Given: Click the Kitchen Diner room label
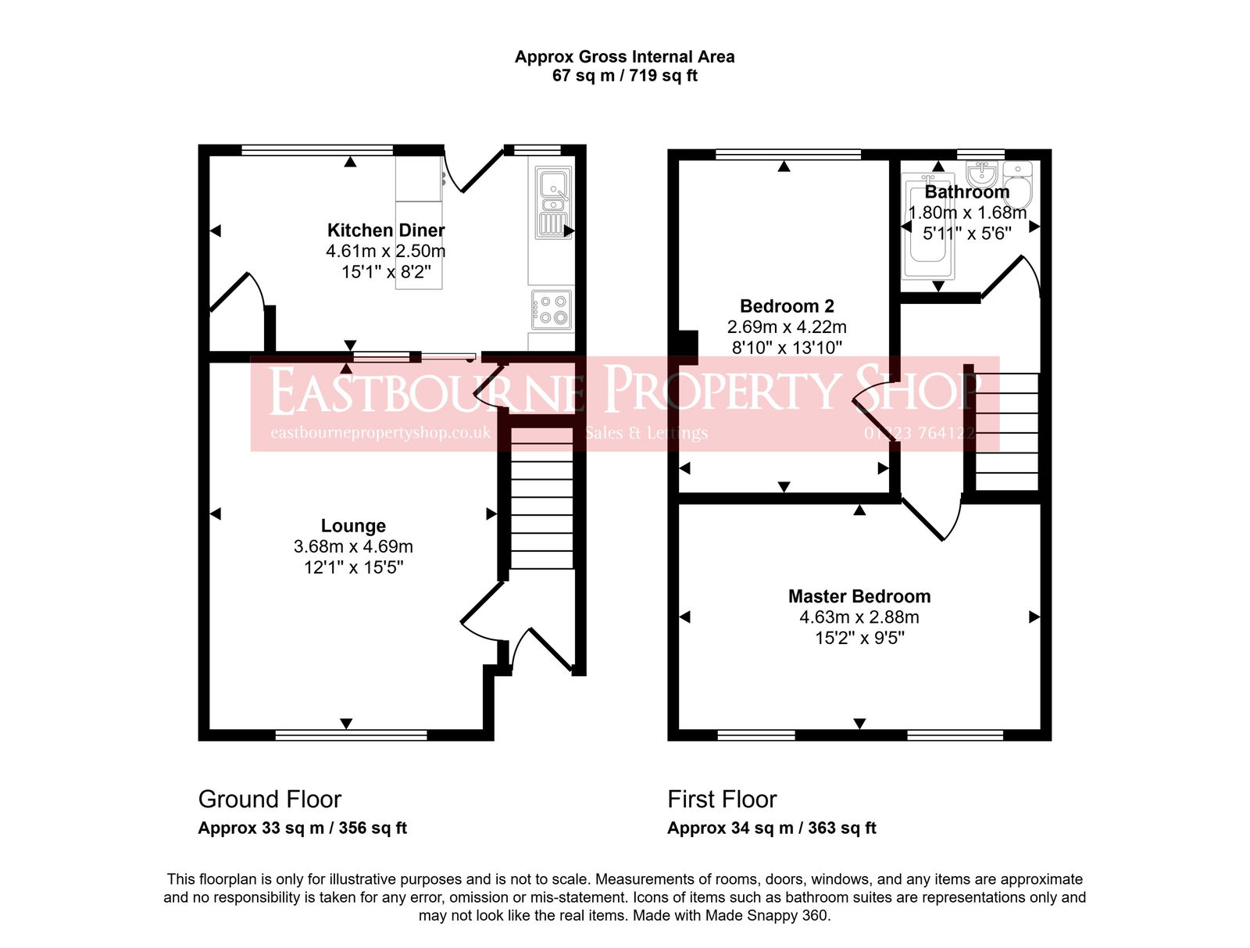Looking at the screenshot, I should tap(386, 231).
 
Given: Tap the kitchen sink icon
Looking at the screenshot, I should tap(554, 201).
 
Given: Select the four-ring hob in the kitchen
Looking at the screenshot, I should tap(552, 309).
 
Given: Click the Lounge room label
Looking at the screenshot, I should tap(353, 526).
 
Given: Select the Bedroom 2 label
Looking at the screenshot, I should tap(787, 306).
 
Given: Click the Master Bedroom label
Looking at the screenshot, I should tap(859, 596).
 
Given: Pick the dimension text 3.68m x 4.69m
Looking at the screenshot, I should tap(353, 547).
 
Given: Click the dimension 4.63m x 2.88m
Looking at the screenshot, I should tap(859, 617).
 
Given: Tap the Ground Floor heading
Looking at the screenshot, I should tap(270, 800).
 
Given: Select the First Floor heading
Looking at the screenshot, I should tap(722, 800).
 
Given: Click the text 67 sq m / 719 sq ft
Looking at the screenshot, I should tap(624, 76).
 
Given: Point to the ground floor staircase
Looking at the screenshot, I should tap(541, 500).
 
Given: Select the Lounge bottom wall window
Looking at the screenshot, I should tap(352, 735).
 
